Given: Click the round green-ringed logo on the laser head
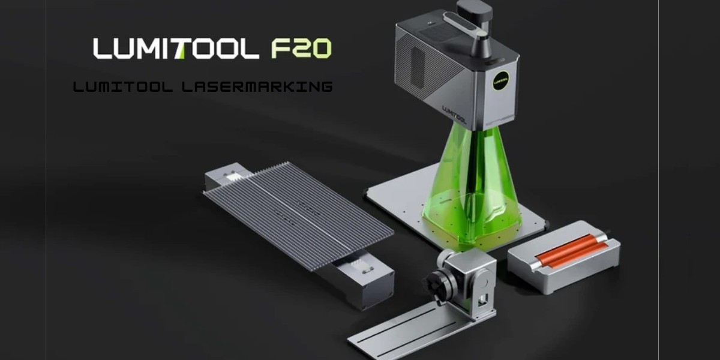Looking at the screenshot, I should pos(500,80).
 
